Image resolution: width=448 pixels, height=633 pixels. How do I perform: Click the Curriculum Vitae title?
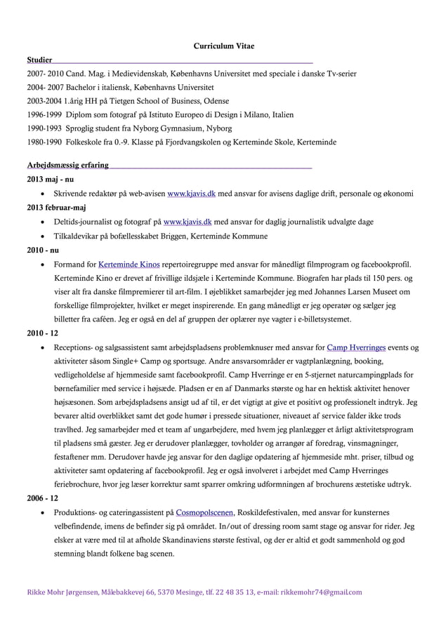coord(223,46)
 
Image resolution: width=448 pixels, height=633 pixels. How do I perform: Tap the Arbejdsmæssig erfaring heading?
coord(67,165)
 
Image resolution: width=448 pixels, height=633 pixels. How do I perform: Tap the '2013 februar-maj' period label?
coord(56,208)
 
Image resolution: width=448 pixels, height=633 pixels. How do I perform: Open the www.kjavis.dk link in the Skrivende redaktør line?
coord(191,194)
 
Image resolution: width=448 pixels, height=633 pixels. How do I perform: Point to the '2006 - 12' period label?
coord(42,498)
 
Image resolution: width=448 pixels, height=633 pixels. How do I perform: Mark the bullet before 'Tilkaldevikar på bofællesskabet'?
coord(45,236)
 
